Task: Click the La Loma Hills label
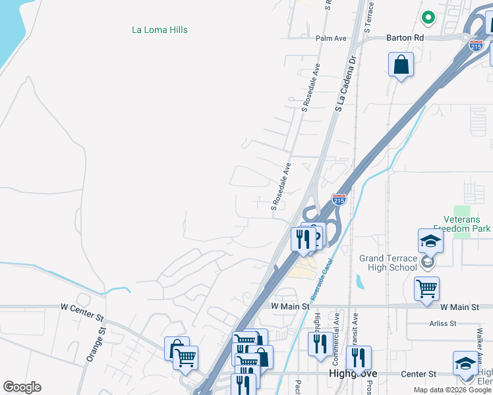pyautogui.click(x=159, y=30)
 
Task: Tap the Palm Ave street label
pyautogui.click(x=331, y=38)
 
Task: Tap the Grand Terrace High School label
pyautogui.click(x=388, y=263)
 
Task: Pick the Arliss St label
pyautogui.click(x=443, y=323)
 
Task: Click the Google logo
pyautogui.click(x=22, y=387)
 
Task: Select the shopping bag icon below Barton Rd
pyautogui.click(x=401, y=66)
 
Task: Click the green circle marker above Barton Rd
pyautogui.click(x=428, y=18)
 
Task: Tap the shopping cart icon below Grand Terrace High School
pyautogui.click(x=426, y=288)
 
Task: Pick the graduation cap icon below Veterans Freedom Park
pyautogui.click(x=430, y=241)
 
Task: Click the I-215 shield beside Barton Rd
pyautogui.click(x=476, y=45)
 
